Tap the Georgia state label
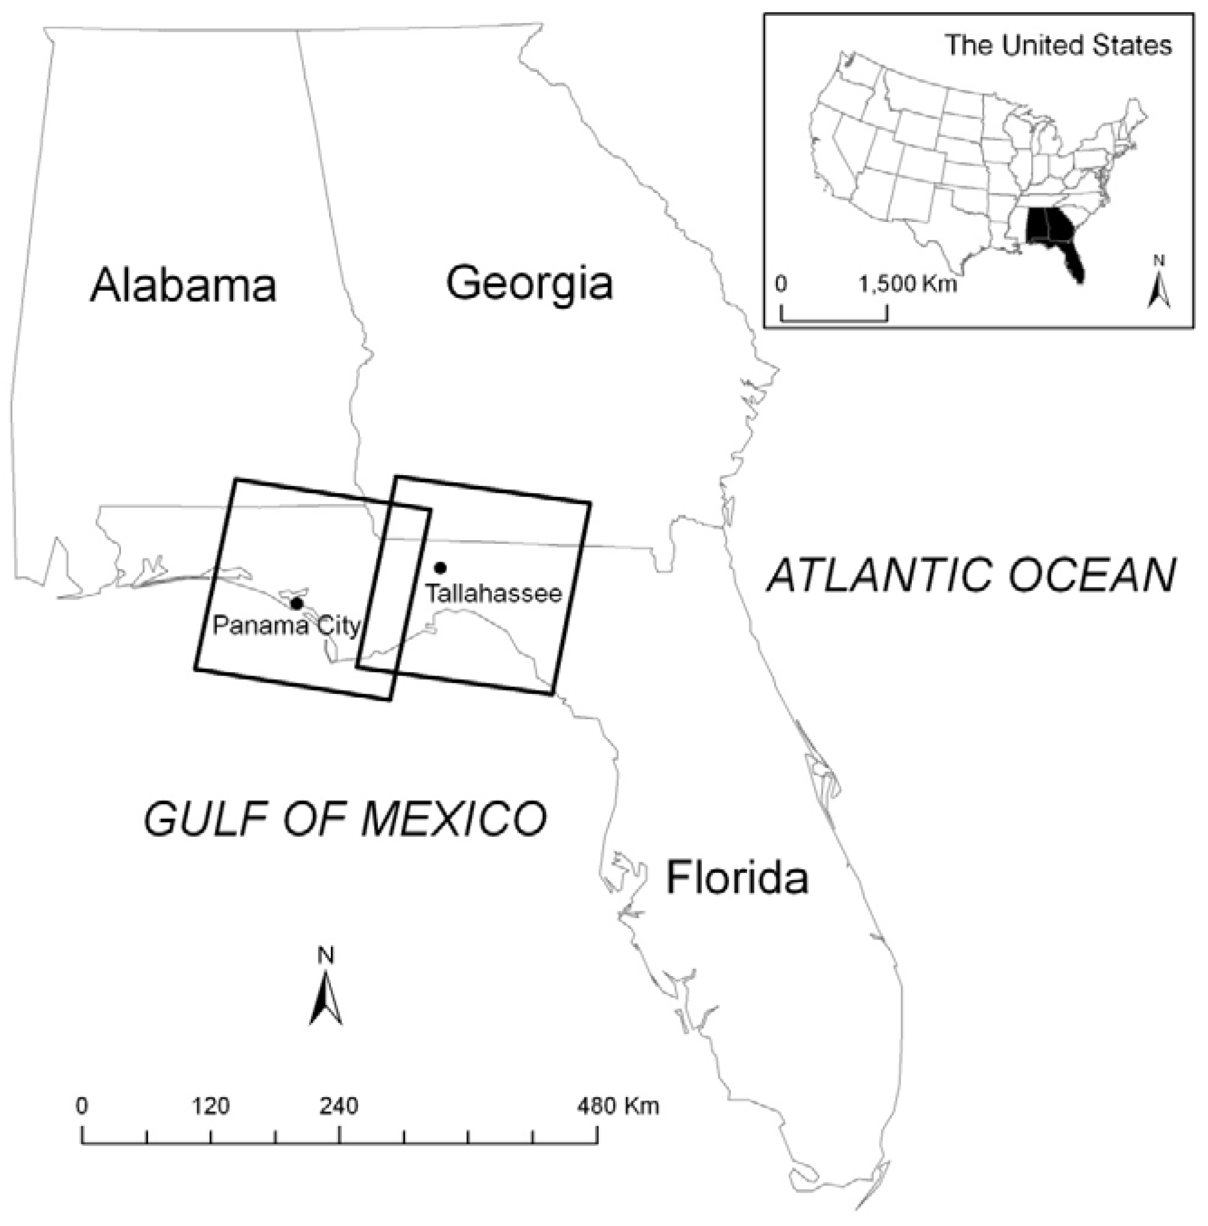(x=530, y=283)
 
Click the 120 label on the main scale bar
(x=211, y=1107)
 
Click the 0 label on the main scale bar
(x=81, y=1107)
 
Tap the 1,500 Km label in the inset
(x=908, y=283)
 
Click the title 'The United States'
(x=1058, y=45)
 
